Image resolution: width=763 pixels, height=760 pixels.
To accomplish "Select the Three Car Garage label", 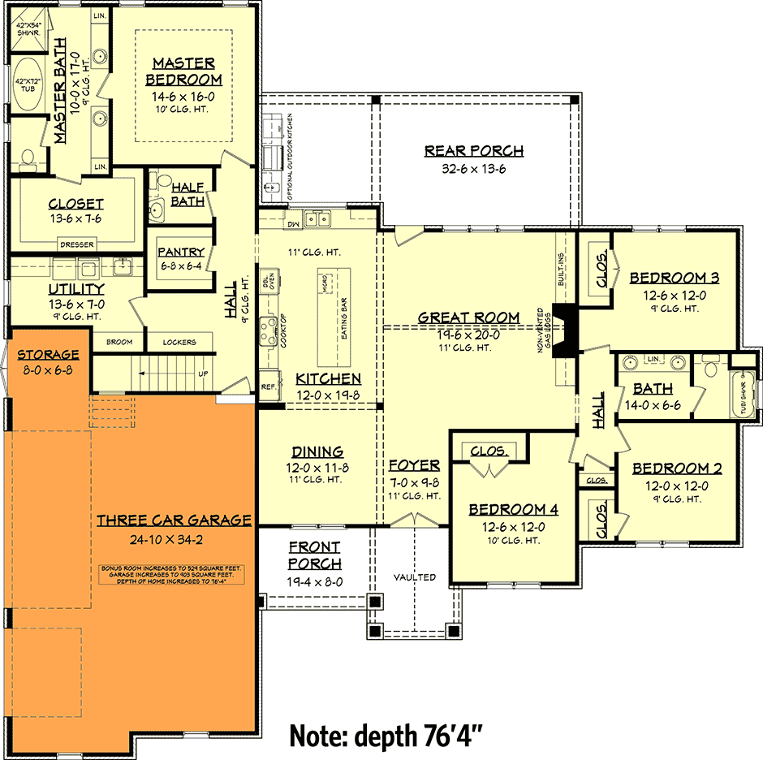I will [x=174, y=520].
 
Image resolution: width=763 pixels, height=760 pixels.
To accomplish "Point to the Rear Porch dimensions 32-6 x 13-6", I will [x=474, y=169].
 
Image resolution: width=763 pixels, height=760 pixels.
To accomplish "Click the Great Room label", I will [x=468, y=317].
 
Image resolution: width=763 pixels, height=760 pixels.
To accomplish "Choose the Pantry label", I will [x=180, y=253].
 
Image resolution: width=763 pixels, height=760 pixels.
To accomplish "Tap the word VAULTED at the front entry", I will [x=415, y=577].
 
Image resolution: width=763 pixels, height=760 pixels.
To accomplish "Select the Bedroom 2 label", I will [x=677, y=469].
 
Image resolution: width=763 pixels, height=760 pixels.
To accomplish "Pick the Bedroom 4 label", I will [x=513, y=509].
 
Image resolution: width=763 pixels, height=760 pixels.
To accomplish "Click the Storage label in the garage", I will [x=48, y=355].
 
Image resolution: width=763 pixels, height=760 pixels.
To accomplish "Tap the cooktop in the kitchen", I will [x=268, y=330].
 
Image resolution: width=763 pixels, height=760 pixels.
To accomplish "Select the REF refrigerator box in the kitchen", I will [x=267, y=386].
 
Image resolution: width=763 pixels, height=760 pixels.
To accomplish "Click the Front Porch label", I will [x=314, y=555].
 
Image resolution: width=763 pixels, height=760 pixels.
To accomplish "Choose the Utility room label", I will [x=76, y=289].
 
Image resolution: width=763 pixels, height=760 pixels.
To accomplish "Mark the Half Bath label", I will [x=188, y=195].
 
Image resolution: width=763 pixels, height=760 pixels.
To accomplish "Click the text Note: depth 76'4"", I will [x=387, y=736].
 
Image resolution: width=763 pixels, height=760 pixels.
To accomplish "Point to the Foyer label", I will [x=414, y=465].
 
